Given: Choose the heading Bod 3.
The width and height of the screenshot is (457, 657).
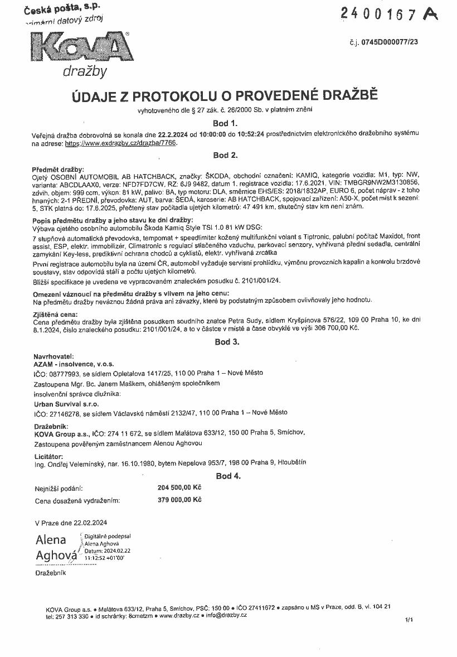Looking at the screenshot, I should [227, 342].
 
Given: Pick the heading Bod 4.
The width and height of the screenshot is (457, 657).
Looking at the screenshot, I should [228, 476].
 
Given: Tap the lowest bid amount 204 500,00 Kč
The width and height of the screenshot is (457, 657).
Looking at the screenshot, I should [179, 487].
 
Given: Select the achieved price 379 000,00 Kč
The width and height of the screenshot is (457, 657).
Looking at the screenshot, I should [179, 500].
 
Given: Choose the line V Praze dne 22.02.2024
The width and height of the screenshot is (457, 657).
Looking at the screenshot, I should [71, 523].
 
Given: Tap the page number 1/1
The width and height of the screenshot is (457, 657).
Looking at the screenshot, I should [410, 619].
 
